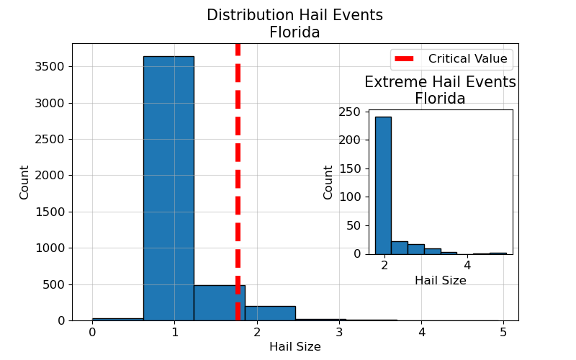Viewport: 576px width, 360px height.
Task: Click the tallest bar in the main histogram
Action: [x=168, y=187]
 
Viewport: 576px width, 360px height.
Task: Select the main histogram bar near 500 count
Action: [x=219, y=303]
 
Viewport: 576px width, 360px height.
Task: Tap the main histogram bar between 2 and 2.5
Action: [x=270, y=313]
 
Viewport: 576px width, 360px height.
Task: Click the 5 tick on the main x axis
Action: [x=503, y=332]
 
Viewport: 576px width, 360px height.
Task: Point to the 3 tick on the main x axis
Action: [x=338, y=332]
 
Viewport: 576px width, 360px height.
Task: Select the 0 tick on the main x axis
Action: [x=92, y=332]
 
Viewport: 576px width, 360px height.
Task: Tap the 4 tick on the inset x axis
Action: [x=467, y=265]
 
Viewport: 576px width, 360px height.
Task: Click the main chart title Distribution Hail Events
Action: [x=294, y=15]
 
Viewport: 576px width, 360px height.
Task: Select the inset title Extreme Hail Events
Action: [x=440, y=82]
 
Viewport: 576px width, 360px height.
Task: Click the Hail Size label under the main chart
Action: [x=294, y=346]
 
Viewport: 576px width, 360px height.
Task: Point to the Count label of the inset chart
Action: [x=328, y=182]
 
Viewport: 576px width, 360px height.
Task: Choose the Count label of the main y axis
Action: [x=24, y=182]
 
